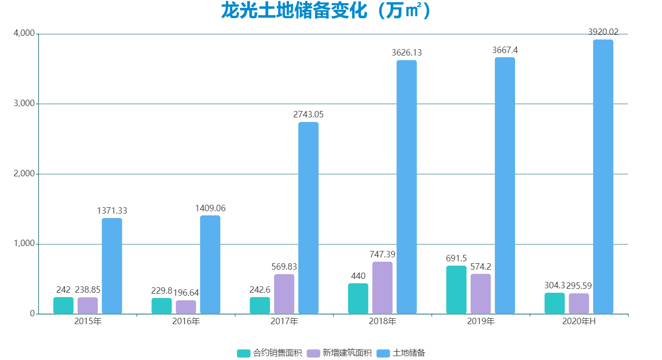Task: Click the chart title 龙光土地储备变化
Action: (x=326, y=11)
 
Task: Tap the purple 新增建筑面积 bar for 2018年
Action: (x=382, y=288)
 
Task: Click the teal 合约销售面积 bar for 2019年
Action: (x=456, y=290)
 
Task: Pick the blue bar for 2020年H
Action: (x=603, y=177)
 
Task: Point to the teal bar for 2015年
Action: (x=63, y=305)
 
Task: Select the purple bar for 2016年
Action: (x=186, y=307)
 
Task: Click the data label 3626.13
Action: (x=406, y=53)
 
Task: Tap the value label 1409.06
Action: (x=210, y=208)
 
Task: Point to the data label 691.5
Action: (x=456, y=258)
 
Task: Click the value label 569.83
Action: (x=284, y=267)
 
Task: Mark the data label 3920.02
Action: (x=603, y=32)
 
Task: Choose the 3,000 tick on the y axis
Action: (x=24, y=104)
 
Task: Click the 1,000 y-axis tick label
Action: (x=24, y=244)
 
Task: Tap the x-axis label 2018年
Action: (x=382, y=322)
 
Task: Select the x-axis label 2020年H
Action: (x=579, y=322)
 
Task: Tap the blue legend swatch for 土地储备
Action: (x=384, y=353)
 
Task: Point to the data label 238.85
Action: (x=87, y=290)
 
